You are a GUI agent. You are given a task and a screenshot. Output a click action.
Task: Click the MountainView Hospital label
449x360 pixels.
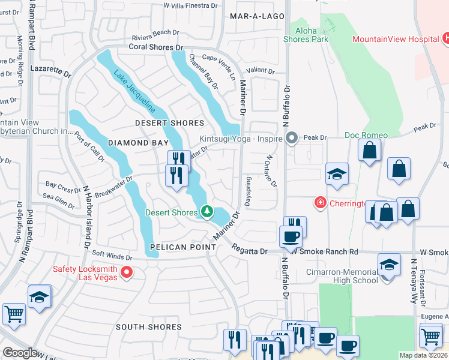tap(396, 39)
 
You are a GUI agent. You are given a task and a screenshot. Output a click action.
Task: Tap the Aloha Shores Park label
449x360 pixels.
tap(309, 34)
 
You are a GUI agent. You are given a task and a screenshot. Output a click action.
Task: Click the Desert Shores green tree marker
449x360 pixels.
tap(207, 212)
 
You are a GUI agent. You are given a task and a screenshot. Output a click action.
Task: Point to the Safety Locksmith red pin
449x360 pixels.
tap(126, 273)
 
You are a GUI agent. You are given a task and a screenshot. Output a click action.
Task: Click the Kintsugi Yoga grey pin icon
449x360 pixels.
tap(292, 138)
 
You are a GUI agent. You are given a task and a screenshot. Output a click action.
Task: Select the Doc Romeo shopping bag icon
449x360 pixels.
tap(369, 151)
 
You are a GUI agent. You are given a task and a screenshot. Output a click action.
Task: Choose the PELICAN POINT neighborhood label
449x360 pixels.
tap(183, 247)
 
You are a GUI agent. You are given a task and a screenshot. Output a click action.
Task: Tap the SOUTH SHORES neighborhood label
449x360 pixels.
tap(148, 327)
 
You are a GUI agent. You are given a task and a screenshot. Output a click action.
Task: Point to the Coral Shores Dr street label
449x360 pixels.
tap(155, 47)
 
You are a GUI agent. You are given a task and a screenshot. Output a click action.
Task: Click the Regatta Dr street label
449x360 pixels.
tap(259, 251)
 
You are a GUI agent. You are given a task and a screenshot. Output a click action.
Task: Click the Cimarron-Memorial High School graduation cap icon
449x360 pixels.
tap(389, 265)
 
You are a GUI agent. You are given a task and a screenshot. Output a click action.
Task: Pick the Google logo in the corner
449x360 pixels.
tap(20, 353)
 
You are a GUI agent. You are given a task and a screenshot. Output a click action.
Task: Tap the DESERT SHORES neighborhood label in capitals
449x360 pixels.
tap(170, 123)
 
